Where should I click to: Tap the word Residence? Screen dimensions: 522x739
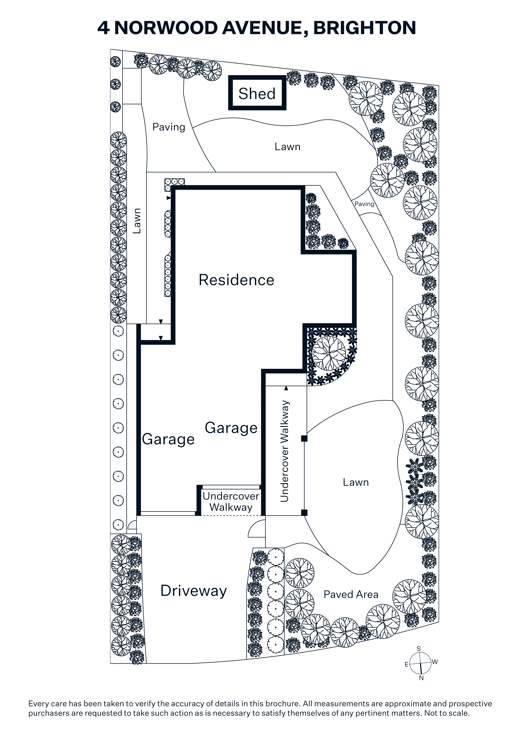pos(236,280)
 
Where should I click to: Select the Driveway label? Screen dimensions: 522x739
pos(194,591)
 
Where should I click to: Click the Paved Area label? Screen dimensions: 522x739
pos(351,594)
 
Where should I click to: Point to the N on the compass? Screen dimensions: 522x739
pos(421,678)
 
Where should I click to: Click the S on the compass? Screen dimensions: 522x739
pos(419,649)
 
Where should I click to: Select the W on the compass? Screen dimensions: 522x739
pos(435,662)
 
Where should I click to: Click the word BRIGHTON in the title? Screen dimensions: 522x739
pos(364,28)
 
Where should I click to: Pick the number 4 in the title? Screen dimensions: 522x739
pos(104,28)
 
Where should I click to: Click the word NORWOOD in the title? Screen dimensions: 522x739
pos(166,28)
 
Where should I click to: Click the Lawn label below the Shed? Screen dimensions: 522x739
pos(288,147)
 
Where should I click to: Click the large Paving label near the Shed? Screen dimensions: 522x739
pos(169,127)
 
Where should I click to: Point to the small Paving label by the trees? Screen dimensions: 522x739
pos(364,204)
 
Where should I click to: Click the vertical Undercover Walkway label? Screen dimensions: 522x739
pos(285,451)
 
